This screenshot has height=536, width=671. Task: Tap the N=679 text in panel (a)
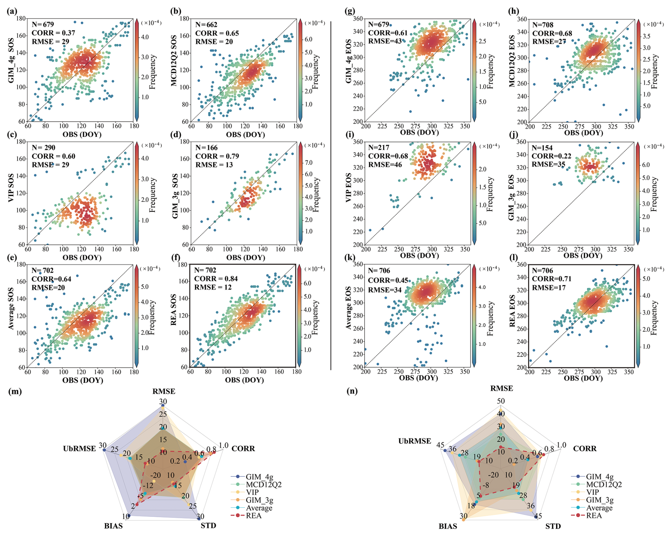pos(43,24)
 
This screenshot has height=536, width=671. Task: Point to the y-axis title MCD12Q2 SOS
pos(174,60)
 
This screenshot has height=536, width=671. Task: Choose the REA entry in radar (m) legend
pos(254,515)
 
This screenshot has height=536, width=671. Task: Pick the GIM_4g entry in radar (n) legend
pos(599,477)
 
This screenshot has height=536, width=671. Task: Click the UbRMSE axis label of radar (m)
pos(79,449)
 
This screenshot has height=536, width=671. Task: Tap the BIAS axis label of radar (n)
pos(448,526)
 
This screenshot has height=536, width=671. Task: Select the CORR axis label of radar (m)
pos(243,449)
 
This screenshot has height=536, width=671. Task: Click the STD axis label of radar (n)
pos(553,526)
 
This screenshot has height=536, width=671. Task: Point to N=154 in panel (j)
pos(542,148)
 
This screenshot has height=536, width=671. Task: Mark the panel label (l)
pos(513,258)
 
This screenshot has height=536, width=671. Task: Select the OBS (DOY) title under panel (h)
pos(583,133)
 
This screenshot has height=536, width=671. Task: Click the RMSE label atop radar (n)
pos(501,389)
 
